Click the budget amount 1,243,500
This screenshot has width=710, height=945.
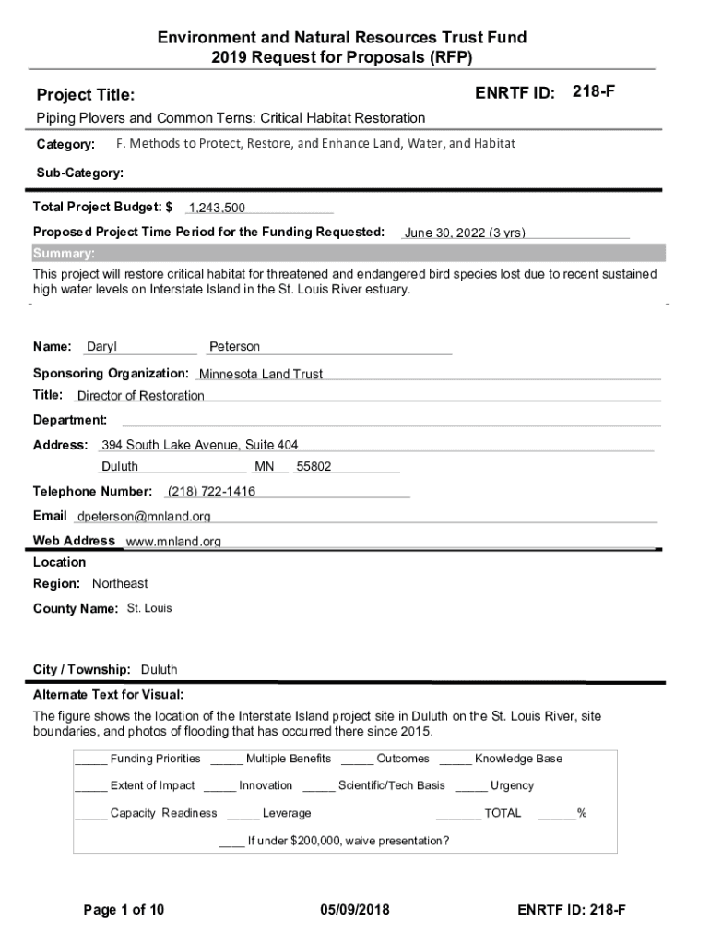pyautogui.click(x=217, y=209)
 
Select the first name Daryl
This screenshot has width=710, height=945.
pyautogui.click(x=101, y=347)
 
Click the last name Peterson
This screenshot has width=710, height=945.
pyautogui.click(x=234, y=347)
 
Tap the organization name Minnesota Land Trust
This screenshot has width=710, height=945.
pyautogui.click(x=261, y=374)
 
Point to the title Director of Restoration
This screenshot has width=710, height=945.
pyautogui.click(x=140, y=396)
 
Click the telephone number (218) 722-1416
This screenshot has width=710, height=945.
pyautogui.click(x=211, y=491)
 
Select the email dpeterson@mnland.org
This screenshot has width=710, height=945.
pyautogui.click(x=144, y=516)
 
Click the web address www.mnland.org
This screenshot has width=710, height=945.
pyautogui.click(x=173, y=542)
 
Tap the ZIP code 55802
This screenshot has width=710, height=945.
pyautogui.click(x=314, y=467)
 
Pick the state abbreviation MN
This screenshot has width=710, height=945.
pyautogui.click(x=265, y=467)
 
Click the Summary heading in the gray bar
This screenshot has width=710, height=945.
pyautogui.click(x=64, y=254)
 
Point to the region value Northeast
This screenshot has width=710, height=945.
pyautogui.click(x=120, y=584)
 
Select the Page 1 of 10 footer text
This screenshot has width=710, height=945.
pyautogui.click(x=124, y=910)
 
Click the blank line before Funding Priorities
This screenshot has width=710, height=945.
pyautogui.click(x=90, y=760)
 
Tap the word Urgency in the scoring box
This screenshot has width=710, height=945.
pyautogui.click(x=512, y=786)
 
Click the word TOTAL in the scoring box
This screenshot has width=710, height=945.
pyautogui.click(x=503, y=813)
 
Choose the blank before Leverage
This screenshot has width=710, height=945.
pyautogui.click(x=243, y=815)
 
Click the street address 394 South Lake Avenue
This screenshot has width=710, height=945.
pyautogui.click(x=199, y=445)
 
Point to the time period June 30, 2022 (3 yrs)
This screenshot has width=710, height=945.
pyautogui.click(x=465, y=233)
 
